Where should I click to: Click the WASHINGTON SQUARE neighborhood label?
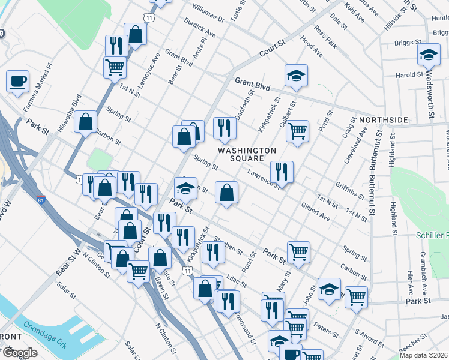tap(247, 154)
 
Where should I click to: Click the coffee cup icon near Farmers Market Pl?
tap(18, 80)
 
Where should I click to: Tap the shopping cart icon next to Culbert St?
tap(297, 131)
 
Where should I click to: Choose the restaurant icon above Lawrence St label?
tap(281, 171)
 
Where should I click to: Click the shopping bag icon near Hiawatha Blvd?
tap(86, 121)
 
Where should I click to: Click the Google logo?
tap(19, 353)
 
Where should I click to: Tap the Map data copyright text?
tap(423, 355)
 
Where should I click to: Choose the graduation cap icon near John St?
tap(329, 289)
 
